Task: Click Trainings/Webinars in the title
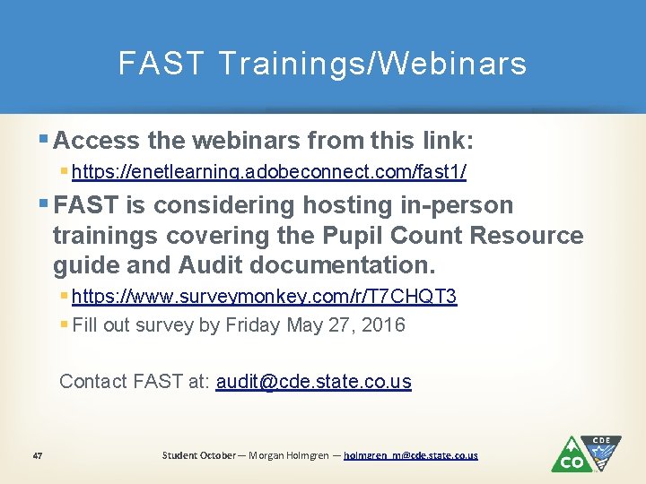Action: point(372,64)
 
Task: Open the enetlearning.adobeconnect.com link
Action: point(269,170)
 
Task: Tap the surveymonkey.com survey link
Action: point(265,297)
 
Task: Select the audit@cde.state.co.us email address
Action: point(313,381)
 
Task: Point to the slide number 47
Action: point(37,455)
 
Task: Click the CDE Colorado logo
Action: point(585,454)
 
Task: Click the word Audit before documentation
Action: point(212,266)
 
